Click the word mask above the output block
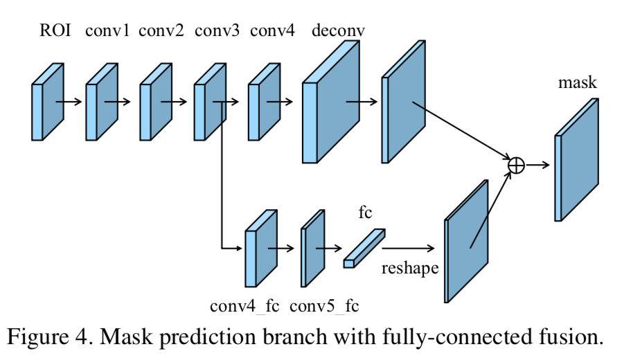point(577,84)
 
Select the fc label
point(365,213)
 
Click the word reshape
point(410,269)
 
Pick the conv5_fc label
point(325,305)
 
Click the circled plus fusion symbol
point(516,165)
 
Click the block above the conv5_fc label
point(313,247)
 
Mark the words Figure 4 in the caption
point(53,337)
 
